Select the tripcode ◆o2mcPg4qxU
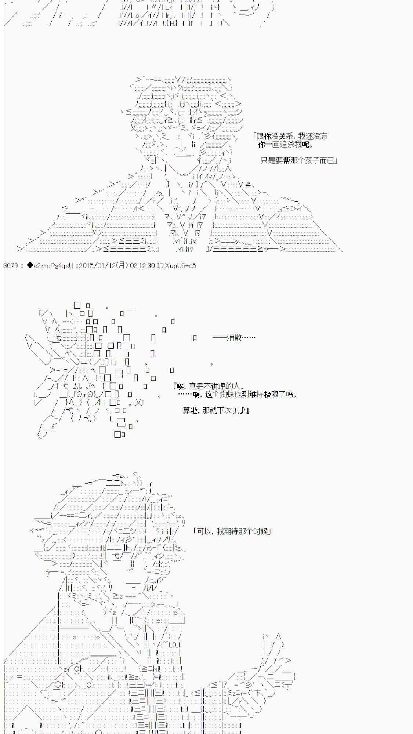(x=50, y=265)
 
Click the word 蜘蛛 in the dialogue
(x=228, y=395)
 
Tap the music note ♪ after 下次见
(x=243, y=410)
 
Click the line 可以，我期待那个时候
(x=233, y=531)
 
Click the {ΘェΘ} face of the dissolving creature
(x=86, y=394)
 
